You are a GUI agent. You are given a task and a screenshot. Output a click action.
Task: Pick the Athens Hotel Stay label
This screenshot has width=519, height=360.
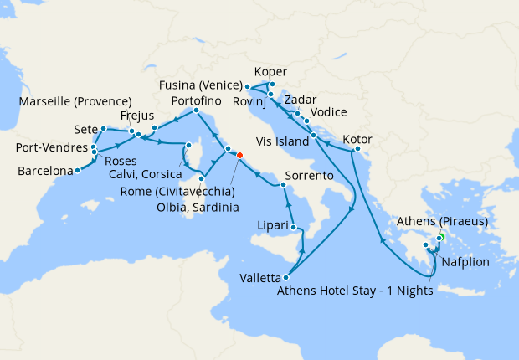[x=354, y=291]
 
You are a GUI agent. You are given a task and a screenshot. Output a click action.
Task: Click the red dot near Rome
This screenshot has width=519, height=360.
[x=239, y=155]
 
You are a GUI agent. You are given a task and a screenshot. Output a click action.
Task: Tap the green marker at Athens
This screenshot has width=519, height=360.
[x=440, y=239]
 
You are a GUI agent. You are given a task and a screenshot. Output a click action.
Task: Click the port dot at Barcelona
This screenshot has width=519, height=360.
[x=77, y=170]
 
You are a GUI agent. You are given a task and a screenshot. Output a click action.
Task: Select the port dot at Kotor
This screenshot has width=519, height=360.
[x=357, y=150]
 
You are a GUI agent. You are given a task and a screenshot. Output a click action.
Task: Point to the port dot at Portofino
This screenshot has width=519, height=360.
[x=196, y=111]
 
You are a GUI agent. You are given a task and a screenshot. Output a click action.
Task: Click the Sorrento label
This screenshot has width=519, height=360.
[x=310, y=177]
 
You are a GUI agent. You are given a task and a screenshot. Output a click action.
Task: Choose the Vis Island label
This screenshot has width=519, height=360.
[x=280, y=142]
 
